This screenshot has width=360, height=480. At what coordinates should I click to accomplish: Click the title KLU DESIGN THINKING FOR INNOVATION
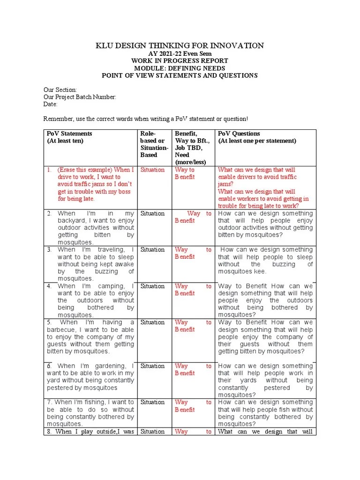pos(180,45)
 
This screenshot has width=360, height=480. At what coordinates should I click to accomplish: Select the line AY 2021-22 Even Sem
pos(180,53)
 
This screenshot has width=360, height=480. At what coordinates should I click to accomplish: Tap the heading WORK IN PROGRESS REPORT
pos(180,61)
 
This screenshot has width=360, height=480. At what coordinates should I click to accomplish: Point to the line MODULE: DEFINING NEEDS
pos(180,68)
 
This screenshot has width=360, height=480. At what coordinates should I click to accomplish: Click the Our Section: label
pos(60,90)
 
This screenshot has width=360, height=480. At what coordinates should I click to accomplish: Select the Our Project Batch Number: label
pos(80,97)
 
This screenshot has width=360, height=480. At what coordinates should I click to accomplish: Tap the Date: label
pos(50,104)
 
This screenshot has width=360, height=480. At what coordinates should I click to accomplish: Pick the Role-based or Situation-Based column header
pos(154,144)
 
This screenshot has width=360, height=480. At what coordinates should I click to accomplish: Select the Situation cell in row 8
pos(152,432)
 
